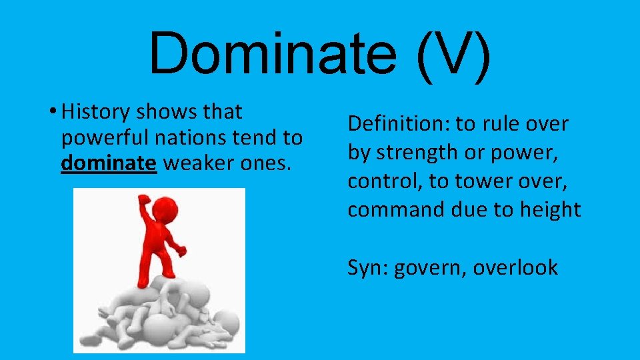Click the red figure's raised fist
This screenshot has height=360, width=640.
(x=143, y=200)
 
